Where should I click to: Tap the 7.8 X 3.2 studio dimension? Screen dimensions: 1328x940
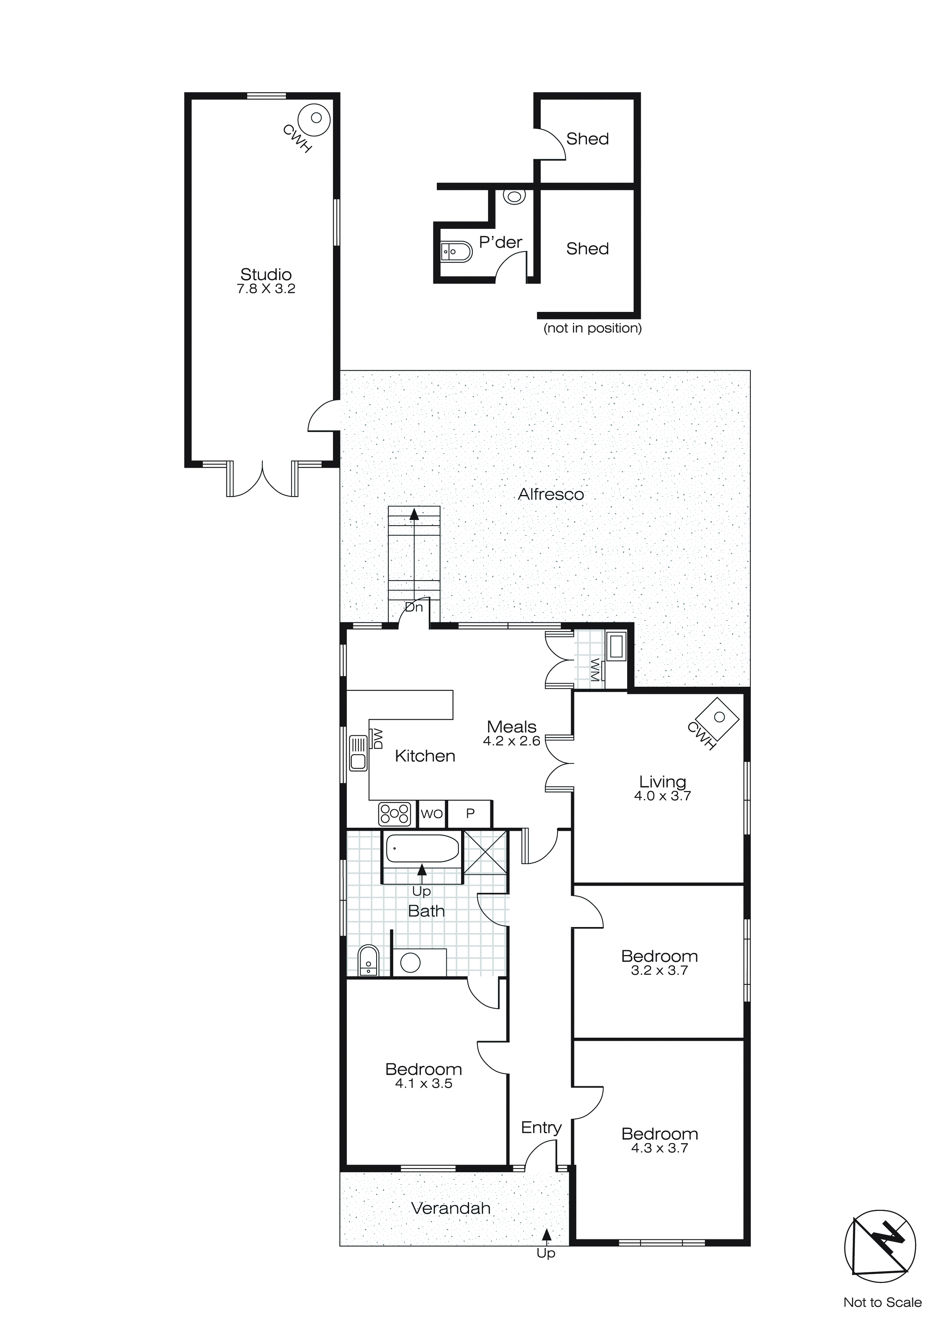pos(266,289)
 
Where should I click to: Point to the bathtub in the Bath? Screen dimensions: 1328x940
pos(422,849)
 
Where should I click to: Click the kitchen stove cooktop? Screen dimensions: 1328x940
pos(395,813)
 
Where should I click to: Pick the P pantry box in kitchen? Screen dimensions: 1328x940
pos(470,814)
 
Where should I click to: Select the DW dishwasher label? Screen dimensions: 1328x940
pos(378,739)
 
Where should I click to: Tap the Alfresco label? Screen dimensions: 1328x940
pos(551,495)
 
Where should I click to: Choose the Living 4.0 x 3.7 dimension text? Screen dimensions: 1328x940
pos(662,796)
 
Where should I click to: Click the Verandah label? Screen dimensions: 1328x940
pos(450,1208)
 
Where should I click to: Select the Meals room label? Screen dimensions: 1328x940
pos(512,727)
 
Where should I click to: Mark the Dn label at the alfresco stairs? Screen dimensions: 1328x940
pos(414,607)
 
